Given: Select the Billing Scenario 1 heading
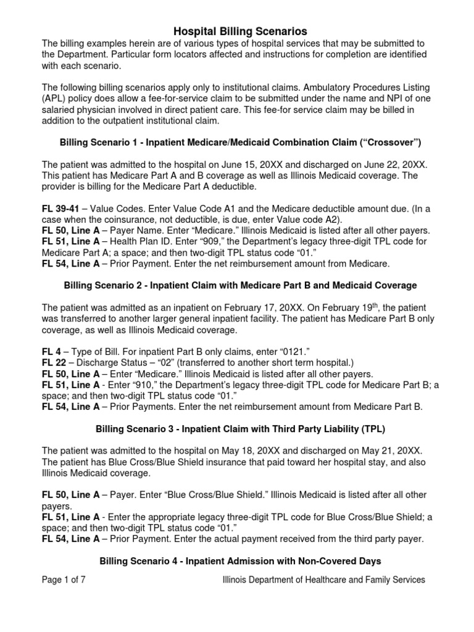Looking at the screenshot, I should (240, 142).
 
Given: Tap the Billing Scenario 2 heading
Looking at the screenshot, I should (240, 285).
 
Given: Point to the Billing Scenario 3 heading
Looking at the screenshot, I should (240, 429).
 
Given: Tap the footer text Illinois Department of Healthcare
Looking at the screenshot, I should (323, 580).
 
